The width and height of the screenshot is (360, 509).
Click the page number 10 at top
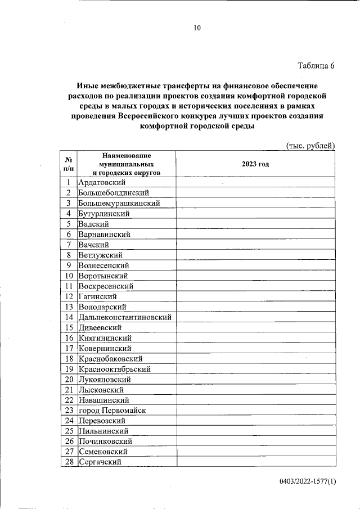coord(196,28)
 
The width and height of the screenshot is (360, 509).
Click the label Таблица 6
coord(316,65)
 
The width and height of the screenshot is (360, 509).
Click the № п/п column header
coord(68,164)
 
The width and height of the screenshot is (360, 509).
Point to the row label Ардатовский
coord(102,182)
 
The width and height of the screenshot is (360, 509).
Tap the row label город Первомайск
coord(112,411)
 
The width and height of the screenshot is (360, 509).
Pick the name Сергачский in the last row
coord(101,462)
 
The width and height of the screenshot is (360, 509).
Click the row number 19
coord(69,369)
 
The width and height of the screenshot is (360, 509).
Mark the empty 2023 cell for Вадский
coord(255,224)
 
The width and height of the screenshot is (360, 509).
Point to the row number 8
coord(68,255)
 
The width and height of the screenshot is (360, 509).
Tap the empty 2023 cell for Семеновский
coord(255,452)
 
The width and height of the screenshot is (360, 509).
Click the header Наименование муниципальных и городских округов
coord(126,164)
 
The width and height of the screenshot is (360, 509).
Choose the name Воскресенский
coord(106,286)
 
